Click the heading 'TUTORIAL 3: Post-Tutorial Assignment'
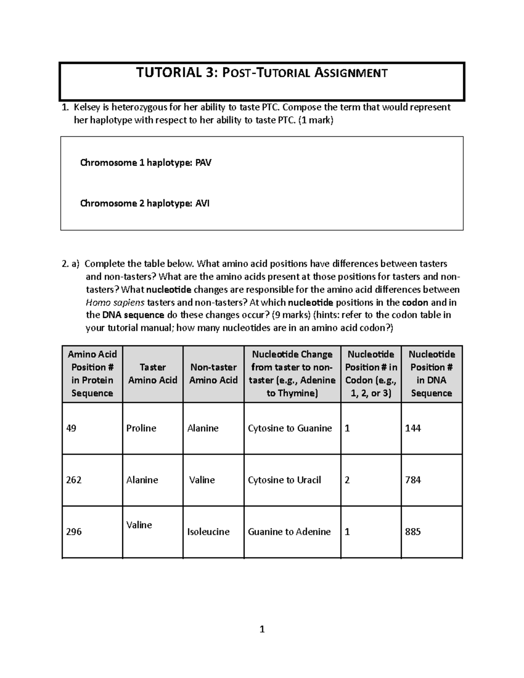point(262,72)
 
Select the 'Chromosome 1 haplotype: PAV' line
point(146,163)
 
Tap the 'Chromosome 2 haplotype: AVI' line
point(145,203)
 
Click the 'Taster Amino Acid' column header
point(152,374)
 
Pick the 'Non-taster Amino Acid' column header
point(213,374)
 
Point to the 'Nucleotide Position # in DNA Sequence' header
point(431,374)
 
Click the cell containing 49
point(71,428)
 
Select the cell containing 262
point(73,480)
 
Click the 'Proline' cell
point(141,428)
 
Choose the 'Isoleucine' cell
point(208,532)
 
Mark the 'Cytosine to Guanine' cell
point(290,428)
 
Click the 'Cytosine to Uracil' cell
point(284,480)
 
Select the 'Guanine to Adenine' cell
point(289,532)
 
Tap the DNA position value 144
point(413,428)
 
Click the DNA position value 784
point(413,480)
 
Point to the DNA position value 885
point(413,532)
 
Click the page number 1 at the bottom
point(262,629)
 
